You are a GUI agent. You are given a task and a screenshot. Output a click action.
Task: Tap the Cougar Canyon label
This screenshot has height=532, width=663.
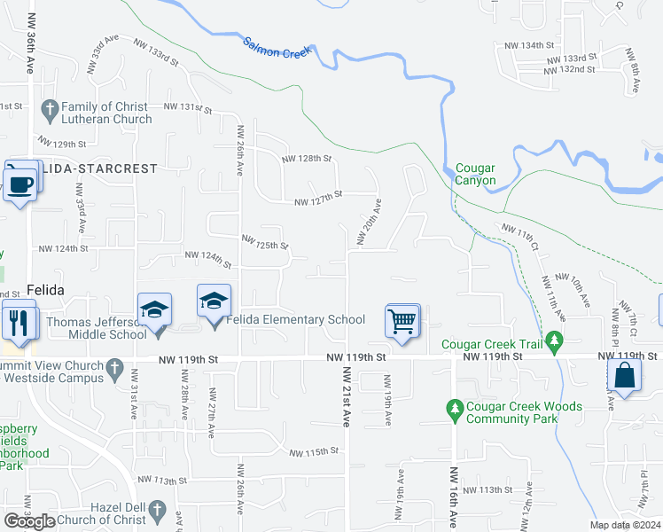pyautogui.click(x=475, y=174)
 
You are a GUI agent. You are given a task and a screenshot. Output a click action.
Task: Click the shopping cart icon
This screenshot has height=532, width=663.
pyautogui.click(x=402, y=320)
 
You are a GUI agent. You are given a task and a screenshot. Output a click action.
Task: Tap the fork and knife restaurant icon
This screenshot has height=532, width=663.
pyautogui.click(x=17, y=320)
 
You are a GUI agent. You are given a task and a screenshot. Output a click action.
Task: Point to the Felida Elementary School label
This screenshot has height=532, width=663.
pyautogui.click(x=297, y=320)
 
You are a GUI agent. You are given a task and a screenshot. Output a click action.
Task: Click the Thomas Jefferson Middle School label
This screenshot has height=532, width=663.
pyautogui.click(x=96, y=328)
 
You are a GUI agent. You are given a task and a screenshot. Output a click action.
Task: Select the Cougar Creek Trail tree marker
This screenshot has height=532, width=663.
pyautogui.click(x=555, y=339)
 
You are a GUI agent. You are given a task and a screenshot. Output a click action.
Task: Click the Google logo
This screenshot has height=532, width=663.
pyautogui.click(x=29, y=520)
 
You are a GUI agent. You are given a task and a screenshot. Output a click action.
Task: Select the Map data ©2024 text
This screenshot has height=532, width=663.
pyautogui.click(x=625, y=525)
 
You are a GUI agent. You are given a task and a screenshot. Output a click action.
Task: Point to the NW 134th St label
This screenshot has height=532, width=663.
pyautogui.click(x=530, y=45)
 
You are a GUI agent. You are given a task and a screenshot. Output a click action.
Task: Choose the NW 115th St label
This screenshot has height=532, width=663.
pyautogui.click(x=314, y=452)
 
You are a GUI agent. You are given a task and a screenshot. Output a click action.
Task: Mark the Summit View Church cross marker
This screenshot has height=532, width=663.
pyautogui.click(x=113, y=366)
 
